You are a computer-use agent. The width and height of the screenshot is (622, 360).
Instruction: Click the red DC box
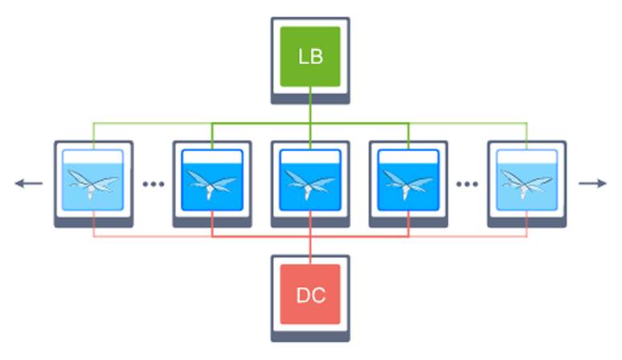pos(310,294)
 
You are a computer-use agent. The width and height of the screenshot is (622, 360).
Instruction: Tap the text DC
pos(310,295)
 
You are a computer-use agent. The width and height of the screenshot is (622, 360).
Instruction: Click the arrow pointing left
pos(28,183)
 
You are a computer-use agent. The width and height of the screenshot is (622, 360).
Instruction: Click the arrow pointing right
pos(592,183)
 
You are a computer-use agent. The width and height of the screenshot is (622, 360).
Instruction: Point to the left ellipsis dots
pos(153,184)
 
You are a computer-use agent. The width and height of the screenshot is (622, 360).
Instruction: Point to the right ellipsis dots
pos(467,184)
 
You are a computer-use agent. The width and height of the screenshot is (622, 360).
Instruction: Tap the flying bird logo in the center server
pos(310,187)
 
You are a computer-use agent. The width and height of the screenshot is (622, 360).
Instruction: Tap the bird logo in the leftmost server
pos(93,187)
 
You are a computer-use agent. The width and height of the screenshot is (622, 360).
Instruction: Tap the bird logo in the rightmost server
pos(526,187)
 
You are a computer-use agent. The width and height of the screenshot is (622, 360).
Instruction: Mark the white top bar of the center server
pos(310,156)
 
